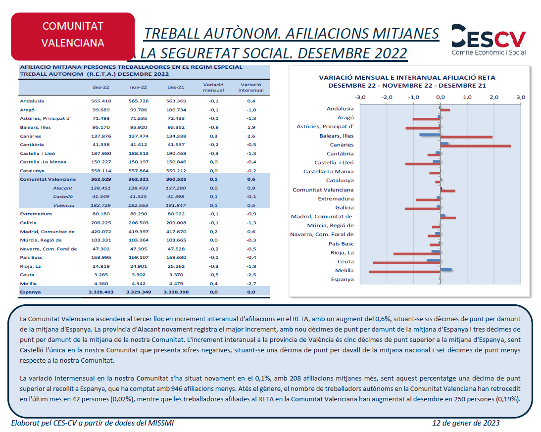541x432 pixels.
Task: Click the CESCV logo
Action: point(489,40)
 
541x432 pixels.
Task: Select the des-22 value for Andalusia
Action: point(101,101)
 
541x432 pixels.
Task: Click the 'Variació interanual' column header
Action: point(251,87)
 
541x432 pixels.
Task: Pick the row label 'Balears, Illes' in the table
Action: point(35,127)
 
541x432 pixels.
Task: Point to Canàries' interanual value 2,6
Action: point(251,136)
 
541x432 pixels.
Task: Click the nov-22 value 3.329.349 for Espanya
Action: point(139,292)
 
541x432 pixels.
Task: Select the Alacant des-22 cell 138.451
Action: point(100,188)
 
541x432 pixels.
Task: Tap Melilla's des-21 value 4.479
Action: point(176,284)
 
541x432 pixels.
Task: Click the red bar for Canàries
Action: point(476,146)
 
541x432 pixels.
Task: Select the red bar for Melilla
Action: point(405,272)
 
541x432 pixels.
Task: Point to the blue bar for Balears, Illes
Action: point(430,134)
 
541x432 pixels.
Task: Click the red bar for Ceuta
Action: point(406,263)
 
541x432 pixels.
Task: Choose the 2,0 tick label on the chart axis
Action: point(494,97)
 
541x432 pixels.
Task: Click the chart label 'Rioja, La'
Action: point(342,252)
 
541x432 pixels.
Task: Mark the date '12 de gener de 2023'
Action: point(466,423)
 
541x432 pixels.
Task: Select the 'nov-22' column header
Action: point(139,87)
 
